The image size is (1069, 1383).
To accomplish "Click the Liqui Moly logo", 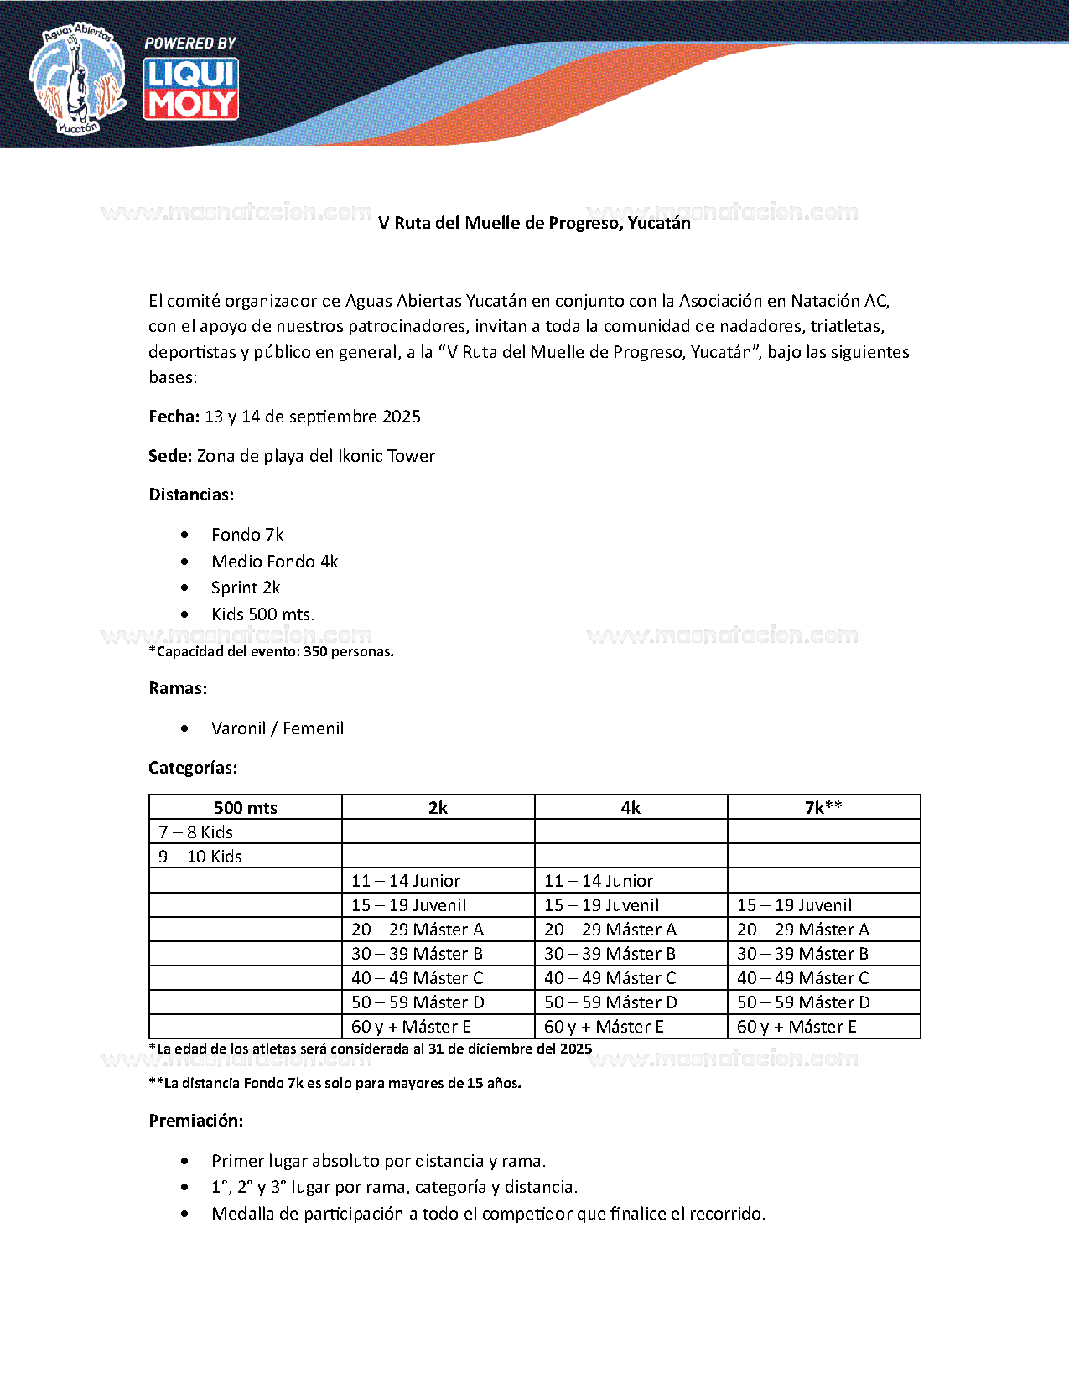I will pos(191,89).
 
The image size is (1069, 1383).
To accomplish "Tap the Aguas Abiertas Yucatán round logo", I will pos(77,79).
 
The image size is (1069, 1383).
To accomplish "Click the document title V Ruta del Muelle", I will pos(534,223).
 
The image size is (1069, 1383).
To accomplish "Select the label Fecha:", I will pos(174,417).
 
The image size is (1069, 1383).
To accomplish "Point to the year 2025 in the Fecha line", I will pos(402,417).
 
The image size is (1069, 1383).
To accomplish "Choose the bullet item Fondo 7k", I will pos(247,535).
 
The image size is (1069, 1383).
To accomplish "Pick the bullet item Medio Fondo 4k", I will pos(274,562).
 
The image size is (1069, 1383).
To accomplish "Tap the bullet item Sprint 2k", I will pos(246,588).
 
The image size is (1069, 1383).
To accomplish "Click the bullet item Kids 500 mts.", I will pos(262,614).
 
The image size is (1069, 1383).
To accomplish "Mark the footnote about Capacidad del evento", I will pos(271,651).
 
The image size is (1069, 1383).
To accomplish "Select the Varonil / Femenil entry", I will pos(278,728).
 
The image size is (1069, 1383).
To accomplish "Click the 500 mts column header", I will pos(246,808).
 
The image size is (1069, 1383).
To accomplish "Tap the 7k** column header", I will pos(823,808).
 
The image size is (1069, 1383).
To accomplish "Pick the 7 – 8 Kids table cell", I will pos(196,832).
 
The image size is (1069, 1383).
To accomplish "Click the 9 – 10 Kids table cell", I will pos(200,857).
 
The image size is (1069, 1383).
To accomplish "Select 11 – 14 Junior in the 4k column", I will pos(599,881).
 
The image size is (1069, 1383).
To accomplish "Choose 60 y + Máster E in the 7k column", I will pos(797,1027).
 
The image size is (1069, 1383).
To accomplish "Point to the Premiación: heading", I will pos(196,1121).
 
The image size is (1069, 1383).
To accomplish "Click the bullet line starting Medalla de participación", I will pos(488,1214).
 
